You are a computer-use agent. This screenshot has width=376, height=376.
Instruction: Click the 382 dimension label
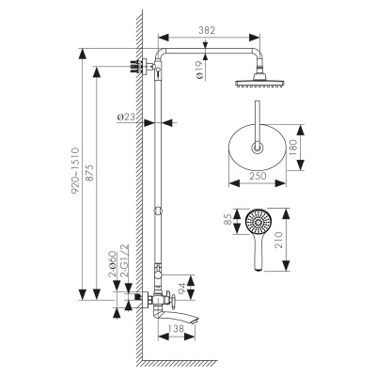(x=207, y=30)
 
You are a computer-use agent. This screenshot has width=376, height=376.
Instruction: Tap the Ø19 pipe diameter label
(x=199, y=70)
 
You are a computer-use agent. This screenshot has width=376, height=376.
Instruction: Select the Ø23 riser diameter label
(x=126, y=117)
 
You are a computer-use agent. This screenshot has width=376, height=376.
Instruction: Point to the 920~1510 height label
(x=76, y=171)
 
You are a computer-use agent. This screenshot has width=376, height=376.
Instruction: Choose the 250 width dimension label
(x=258, y=176)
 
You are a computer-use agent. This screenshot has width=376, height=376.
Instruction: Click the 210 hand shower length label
(x=278, y=240)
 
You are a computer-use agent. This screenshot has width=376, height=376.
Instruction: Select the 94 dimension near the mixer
(x=181, y=287)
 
